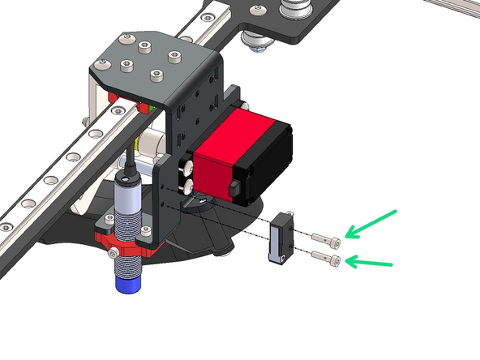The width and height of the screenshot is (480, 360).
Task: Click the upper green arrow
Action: pyautogui.click(x=371, y=223)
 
